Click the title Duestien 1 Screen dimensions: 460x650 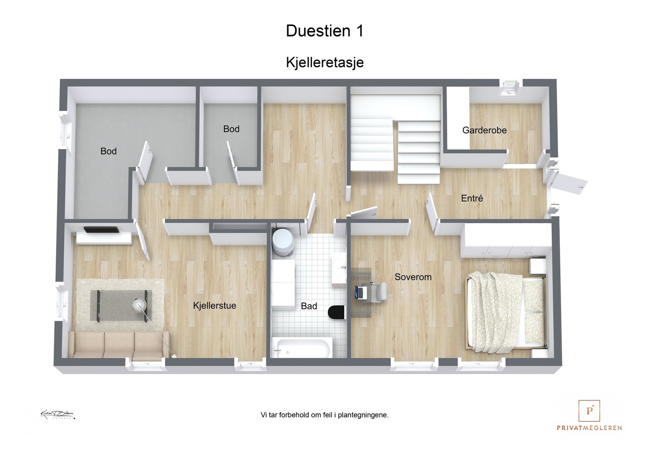coord(325,31)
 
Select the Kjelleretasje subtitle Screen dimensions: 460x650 coord(325,63)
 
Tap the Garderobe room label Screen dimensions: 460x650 coord(484,130)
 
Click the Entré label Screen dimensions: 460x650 coord(472,198)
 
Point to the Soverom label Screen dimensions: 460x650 coord(413,277)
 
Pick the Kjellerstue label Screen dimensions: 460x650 coord(214,306)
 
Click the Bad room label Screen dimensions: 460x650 coord(309,306)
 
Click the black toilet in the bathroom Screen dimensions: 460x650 coord(336,312)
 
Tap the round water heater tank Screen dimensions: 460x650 coord(282,242)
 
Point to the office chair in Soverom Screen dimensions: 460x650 coord(379,292)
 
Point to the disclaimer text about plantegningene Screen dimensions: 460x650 coord(325,415)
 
